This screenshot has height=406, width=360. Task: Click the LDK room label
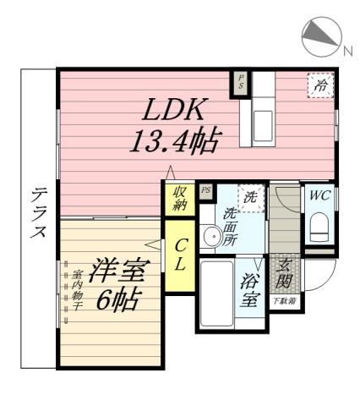tap(177, 110)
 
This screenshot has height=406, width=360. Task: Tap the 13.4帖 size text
tap(174, 139)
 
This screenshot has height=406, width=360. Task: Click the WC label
tap(319, 195)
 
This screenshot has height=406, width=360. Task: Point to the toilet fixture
tap(319, 227)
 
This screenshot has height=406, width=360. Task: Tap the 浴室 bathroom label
tap(250, 287)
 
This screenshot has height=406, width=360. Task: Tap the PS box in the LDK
tap(241, 83)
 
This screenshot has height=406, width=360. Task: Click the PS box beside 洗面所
tap(205, 190)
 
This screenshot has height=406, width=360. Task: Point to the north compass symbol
tap(320, 35)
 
